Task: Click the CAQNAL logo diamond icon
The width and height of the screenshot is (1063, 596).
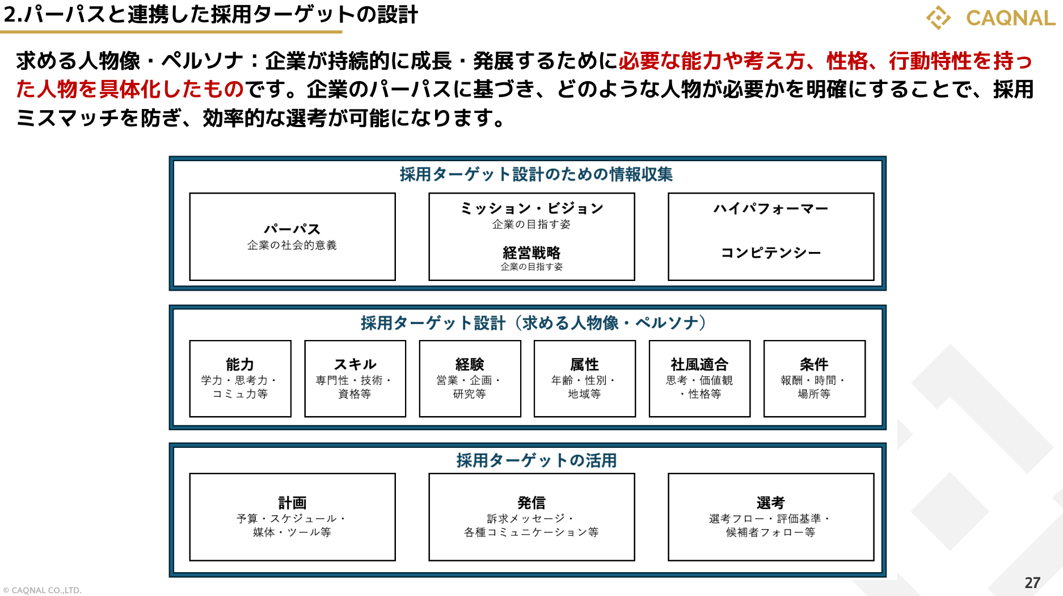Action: tap(939, 18)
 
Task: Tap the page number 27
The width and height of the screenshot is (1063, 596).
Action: tap(1032, 582)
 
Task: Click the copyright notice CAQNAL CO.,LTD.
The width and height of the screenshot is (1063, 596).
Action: tap(43, 590)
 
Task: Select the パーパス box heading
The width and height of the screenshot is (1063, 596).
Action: tap(292, 229)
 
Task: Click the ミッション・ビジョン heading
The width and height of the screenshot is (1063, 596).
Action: tap(531, 208)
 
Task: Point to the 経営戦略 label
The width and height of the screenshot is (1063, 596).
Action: tap(531, 253)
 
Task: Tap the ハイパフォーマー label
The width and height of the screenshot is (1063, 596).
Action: tap(771, 208)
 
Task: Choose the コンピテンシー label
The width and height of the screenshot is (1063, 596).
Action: tap(771, 253)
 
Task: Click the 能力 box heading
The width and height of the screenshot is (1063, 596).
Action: tap(240, 364)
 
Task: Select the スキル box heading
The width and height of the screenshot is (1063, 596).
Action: tap(355, 364)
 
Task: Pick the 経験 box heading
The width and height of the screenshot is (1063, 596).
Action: tap(470, 364)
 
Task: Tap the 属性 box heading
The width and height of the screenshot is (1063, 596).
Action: tap(584, 364)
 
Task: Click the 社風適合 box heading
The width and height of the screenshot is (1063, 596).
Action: tap(699, 364)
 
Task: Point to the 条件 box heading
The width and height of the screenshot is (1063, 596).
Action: tap(814, 364)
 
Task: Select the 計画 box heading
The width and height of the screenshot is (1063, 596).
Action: tap(292, 502)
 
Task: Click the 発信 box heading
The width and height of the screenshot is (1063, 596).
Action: tap(531, 502)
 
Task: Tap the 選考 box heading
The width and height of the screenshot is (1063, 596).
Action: tap(771, 502)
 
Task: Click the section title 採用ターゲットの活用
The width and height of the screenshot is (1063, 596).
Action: tap(536, 460)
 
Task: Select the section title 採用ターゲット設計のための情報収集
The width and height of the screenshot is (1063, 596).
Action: tap(536, 174)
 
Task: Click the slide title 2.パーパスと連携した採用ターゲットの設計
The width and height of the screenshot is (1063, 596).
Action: tap(210, 15)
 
